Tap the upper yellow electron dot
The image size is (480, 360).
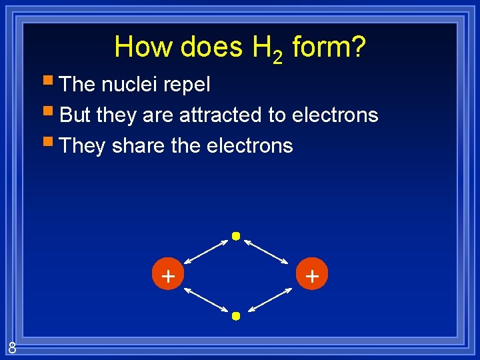click(235, 236)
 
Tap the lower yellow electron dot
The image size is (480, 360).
click(235, 316)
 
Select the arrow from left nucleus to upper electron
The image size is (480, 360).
click(207, 253)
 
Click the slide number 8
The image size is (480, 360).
click(12, 347)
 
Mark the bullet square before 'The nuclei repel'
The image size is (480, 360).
click(51, 83)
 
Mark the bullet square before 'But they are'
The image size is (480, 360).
click(51, 113)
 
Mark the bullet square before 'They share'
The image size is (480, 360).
click(51, 143)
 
